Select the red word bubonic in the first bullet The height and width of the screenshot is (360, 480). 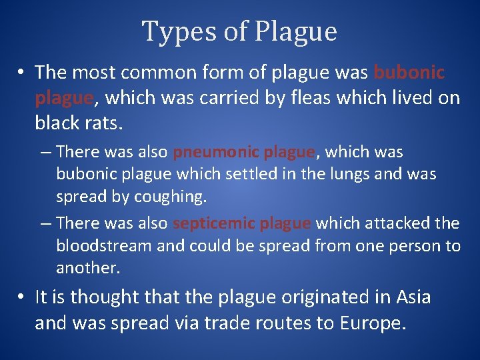[x=409, y=72]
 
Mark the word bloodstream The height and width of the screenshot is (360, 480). [x=104, y=246]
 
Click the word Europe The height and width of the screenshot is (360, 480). [x=371, y=323]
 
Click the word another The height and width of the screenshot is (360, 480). [x=87, y=268]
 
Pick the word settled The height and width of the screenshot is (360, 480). [x=244, y=175]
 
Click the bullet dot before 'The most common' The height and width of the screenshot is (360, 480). [x=23, y=72]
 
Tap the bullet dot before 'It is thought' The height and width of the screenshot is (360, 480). [x=23, y=297]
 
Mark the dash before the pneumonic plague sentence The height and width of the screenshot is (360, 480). [x=46, y=152]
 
